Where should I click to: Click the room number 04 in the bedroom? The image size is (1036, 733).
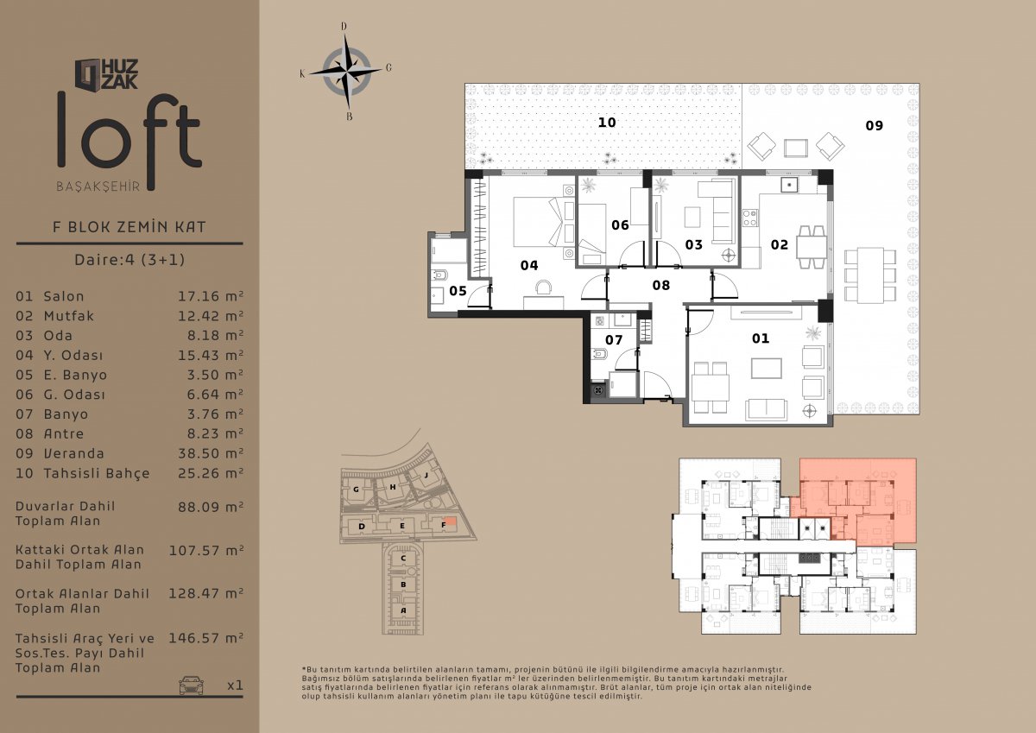click(529, 265)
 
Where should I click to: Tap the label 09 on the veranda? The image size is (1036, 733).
click(874, 125)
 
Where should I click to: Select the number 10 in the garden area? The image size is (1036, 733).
click(607, 123)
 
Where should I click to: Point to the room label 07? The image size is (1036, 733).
click(614, 340)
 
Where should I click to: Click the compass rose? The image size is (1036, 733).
click(346, 72)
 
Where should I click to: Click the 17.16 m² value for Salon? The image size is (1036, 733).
click(211, 296)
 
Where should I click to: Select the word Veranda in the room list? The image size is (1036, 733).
click(73, 453)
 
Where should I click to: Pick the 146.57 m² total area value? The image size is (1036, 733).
click(205, 638)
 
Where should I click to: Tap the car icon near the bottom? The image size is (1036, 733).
click(191, 685)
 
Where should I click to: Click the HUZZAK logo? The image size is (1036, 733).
click(107, 74)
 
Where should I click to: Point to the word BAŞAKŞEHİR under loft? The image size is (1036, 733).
click(98, 186)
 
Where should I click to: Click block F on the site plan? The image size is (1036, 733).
click(443, 525)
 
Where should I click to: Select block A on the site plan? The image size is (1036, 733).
click(403, 610)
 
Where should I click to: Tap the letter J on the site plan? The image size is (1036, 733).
click(426, 475)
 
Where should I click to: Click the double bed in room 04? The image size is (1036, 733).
click(539, 222)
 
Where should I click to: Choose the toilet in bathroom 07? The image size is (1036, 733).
click(598, 355)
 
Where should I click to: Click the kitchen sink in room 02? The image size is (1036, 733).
click(789, 185)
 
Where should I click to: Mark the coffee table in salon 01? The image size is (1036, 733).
click(767, 368)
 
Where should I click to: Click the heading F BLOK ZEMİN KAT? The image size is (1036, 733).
click(129, 226)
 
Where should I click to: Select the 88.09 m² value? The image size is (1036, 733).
click(211, 507)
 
